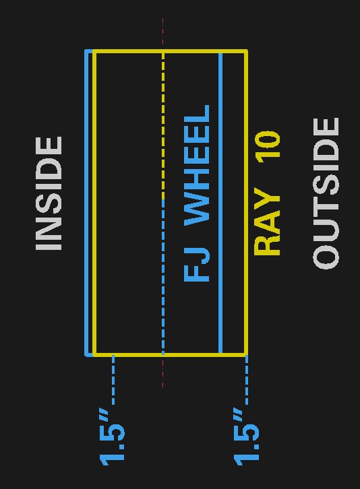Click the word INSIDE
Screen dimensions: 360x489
(x=49, y=193)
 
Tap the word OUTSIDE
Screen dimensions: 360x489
(x=326, y=193)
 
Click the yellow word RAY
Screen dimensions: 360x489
(x=267, y=222)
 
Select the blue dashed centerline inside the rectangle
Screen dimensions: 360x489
(x=163, y=277)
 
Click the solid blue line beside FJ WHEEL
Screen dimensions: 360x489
(x=220, y=203)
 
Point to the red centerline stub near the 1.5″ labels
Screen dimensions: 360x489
(x=162, y=372)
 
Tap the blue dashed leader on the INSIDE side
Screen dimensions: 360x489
(x=113, y=380)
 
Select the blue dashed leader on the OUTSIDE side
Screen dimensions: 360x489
(x=247, y=380)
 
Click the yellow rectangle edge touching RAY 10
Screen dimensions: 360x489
(x=246, y=203)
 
